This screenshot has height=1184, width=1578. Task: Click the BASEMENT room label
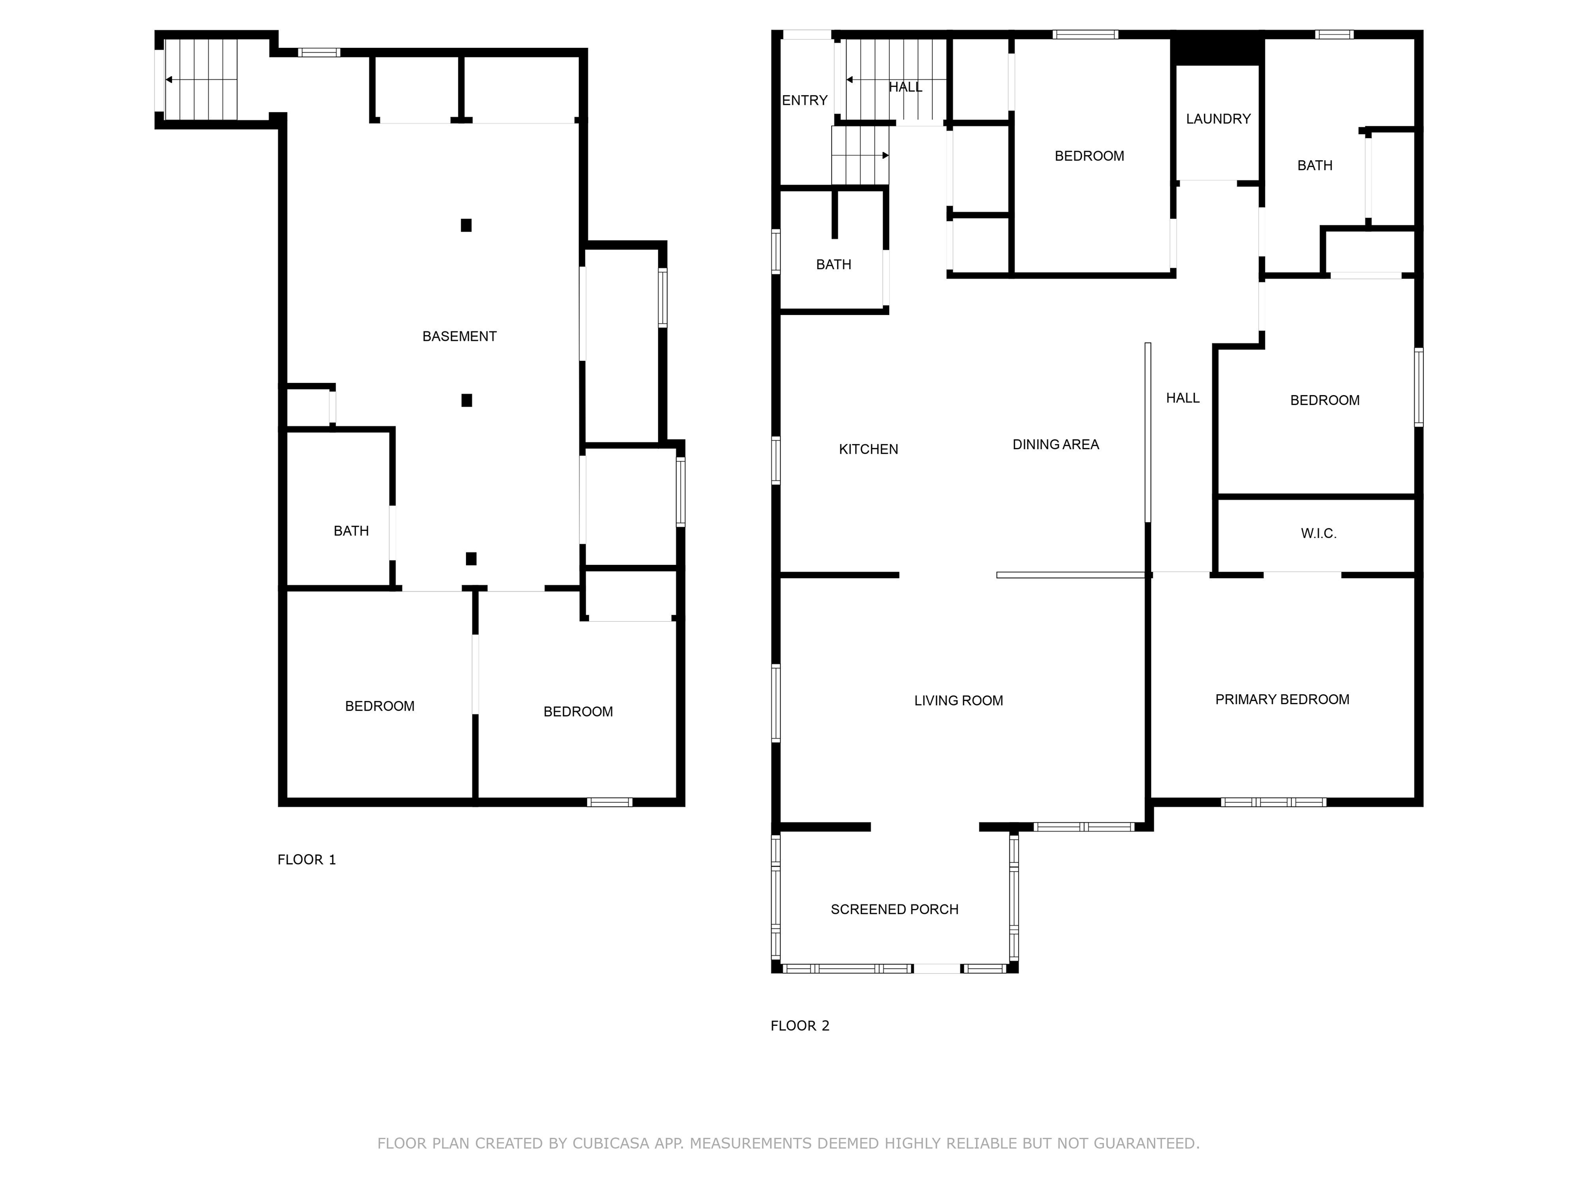(459, 336)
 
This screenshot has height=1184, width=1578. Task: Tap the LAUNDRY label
(1218, 119)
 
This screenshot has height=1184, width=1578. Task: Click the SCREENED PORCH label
(894, 909)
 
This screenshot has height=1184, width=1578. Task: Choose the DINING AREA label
(1055, 445)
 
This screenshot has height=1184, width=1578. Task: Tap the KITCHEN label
(868, 449)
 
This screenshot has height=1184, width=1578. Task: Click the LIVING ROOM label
(958, 701)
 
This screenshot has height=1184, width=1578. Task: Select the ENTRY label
(804, 101)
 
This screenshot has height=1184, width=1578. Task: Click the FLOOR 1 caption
(306, 859)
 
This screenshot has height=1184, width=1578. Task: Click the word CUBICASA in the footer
(610, 1143)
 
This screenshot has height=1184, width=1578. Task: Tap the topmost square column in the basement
(466, 226)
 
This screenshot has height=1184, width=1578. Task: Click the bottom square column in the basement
(471, 559)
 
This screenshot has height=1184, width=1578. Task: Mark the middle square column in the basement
(466, 400)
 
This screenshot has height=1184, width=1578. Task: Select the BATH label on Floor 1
(351, 531)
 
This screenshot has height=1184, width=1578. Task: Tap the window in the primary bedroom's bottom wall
(1273, 802)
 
